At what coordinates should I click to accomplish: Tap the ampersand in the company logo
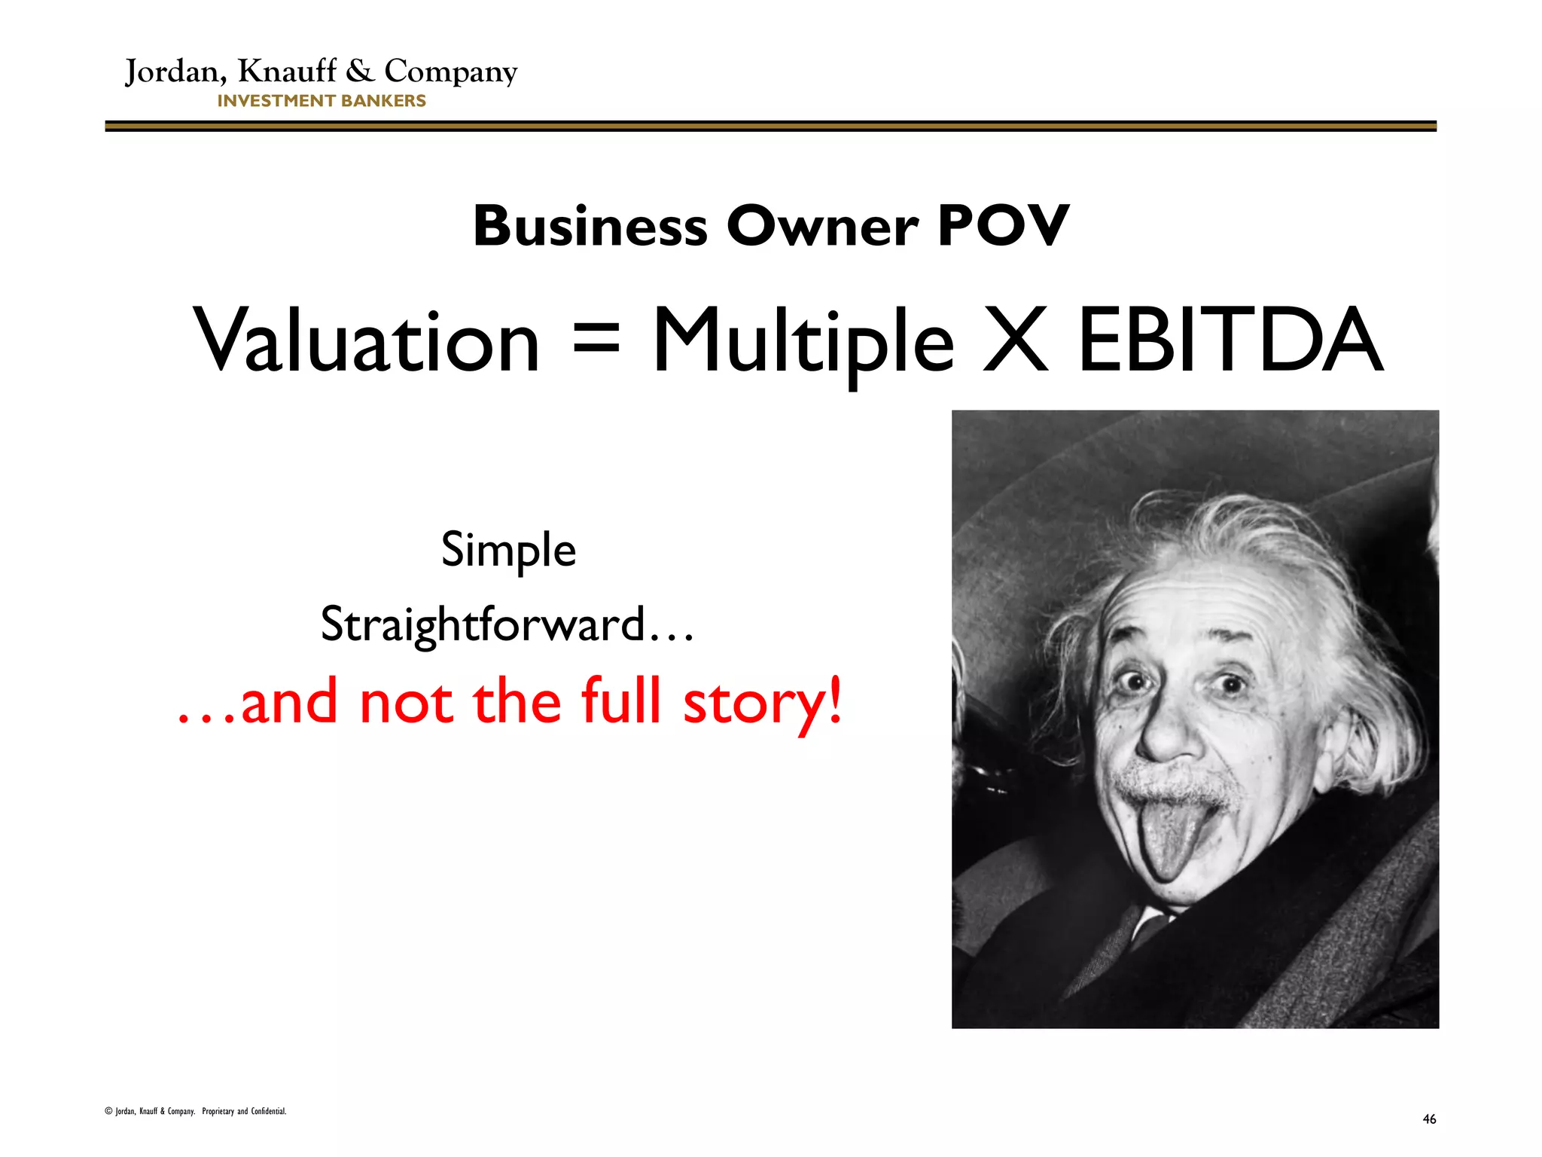coord(360,72)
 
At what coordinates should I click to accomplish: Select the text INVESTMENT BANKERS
coord(322,101)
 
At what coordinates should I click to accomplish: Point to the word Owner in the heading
coord(822,226)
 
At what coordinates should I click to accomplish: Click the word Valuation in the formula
coord(367,340)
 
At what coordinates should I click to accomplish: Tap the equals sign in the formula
coord(596,338)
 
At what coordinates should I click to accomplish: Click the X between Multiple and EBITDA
coord(1016,340)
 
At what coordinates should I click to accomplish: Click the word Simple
coord(508,550)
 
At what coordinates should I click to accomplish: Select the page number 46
coord(1429,1119)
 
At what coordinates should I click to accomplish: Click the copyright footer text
coord(196,1111)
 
